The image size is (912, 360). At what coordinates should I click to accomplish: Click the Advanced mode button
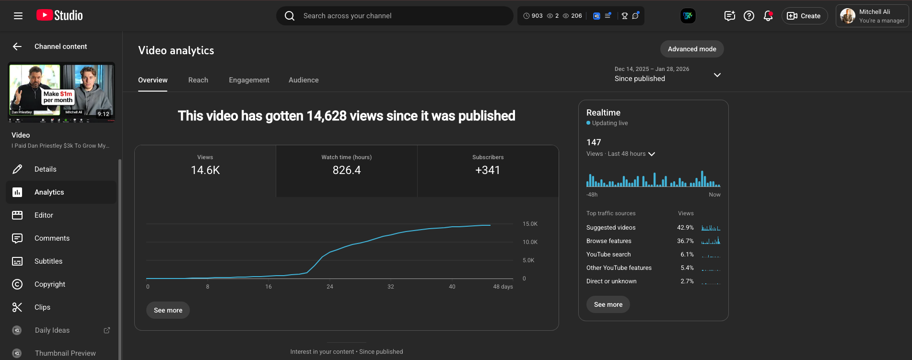pyautogui.click(x=691, y=49)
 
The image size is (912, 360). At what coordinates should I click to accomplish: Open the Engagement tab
pyautogui.click(x=249, y=80)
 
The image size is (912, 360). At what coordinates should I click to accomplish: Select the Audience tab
pyautogui.click(x=304, y=80)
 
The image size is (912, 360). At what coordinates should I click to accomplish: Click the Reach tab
pyautogui.click(x=198, y=80)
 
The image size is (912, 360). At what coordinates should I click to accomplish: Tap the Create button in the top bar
pyautogui.click(x=804, y=16)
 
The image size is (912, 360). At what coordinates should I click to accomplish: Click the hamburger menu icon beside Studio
pyautogui.click(x=18, y=16)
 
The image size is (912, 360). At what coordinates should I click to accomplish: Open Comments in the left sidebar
pyautogui.click(x=52, y=238)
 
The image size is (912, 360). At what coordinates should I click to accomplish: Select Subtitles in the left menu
pyautogui.click(x=48, y=261)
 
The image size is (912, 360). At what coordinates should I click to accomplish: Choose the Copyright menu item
pyautogui.click(x=50, y=284)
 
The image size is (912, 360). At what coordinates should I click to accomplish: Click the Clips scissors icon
pyautogui.click(x=17, y=307)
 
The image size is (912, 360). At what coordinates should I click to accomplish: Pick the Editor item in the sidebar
pyautogui.click(x=44, y=215)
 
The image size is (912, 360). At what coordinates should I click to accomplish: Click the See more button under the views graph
pyautogui.click(x=168, y=310)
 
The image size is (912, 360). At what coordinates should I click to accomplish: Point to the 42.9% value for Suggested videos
pyautogui.click(x=685, y=228)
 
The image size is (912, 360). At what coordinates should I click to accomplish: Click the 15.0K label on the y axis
pyautogui.click(x=530, y=224)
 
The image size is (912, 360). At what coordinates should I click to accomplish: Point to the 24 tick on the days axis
pyautogui.click(x=330, y=287)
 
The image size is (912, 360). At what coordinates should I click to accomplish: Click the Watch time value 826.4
pyautogui.click(x=346, y=170)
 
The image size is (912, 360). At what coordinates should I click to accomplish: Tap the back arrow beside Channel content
pyautogui.click(x=17, y=46)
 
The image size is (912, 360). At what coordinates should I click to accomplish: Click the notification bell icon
pyautogui.click(x=768, y=16)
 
